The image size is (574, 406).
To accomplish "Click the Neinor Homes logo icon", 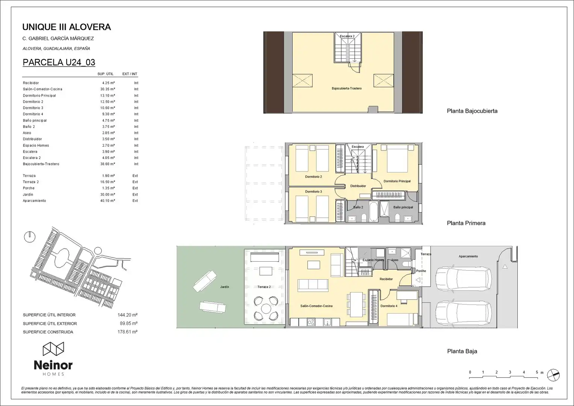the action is pyautogui.click(x=53, y=349).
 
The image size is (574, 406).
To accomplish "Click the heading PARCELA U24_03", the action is pyautogui.click(x=59, y=62).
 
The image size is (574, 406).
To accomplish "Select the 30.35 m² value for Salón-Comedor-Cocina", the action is pyautogui.click(x=107, y=89).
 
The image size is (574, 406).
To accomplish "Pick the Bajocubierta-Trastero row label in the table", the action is pyautogui.click(x=41, y=164).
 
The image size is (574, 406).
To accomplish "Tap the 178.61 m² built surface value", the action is pyautogui.click(x=128, y=332).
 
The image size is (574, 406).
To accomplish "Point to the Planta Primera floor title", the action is pyautogui.click(x=466, y=223).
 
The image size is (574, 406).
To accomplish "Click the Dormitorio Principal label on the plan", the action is pyautogui.click(x=397, y=181).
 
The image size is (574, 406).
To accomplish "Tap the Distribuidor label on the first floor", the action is pyautogui.click(x=358, y=186).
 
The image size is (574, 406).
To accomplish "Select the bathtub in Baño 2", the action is pyautogui.click(x=373, y=212).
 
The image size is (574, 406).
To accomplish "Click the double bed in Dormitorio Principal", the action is pyautogui.click(x=397, y=159).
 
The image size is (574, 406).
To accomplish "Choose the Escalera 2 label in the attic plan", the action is pyautogui.click(x=347, y=36).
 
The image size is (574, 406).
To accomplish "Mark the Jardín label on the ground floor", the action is pyautogui.click(x=225, y=287).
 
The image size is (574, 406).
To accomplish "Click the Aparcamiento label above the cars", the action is pyautogui.click(x=468, y=256).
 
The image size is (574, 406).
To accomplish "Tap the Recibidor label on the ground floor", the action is pyautogui.click(x=386, y=279).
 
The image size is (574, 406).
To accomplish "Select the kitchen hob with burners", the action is pyautogui.click(x=311, y=322).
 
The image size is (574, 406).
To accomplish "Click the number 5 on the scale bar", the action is pyautogui.click(x=537, y=372).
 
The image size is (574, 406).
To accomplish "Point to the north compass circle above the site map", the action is pyautogui.click(x=30, y=237).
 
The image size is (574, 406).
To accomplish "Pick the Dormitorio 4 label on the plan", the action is pyautogui.click(x=389, y=306).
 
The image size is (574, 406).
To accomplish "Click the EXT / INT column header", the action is pyautogui.click(x=130, y=74).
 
